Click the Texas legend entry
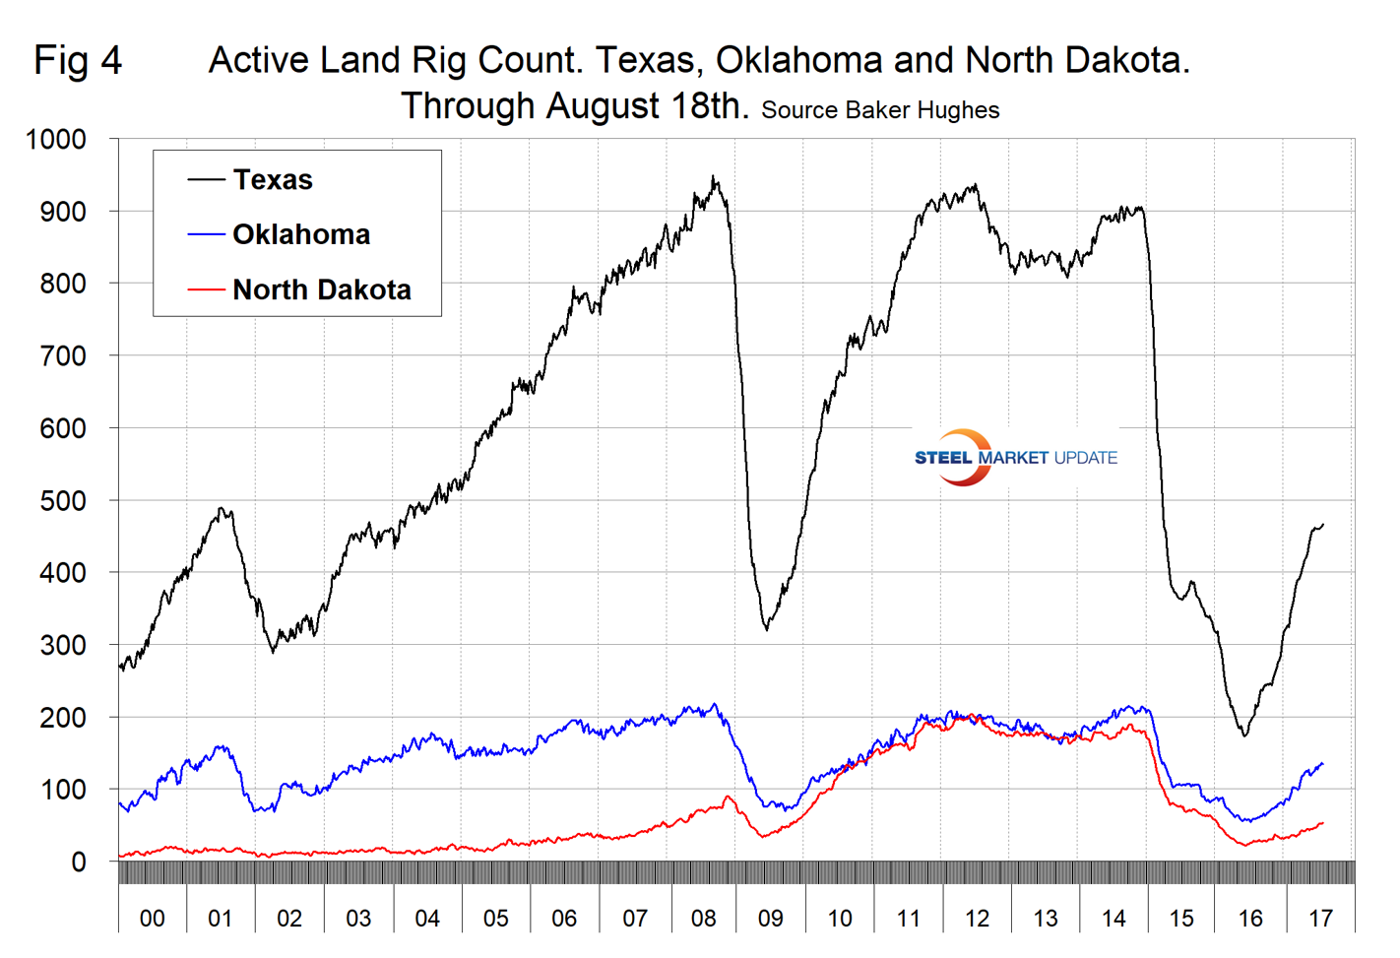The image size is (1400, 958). tap(273, 180)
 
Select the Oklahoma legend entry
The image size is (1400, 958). tap(300, 234)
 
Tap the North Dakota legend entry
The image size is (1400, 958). tap(321, 289)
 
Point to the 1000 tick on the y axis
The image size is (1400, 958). tap(56, 140)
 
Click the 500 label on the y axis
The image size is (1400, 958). tap(62, 500)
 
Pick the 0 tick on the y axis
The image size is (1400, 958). tap(79, 862)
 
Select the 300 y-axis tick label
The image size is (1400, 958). tap(62, 645)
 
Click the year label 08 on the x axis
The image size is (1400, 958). tap(703, 919)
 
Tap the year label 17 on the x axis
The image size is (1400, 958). tap(1320, 919)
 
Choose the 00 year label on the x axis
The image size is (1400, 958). tap(152, 919)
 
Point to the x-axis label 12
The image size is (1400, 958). tap(977, 919)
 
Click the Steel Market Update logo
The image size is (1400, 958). tap(1015, 458)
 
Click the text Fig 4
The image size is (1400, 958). tap(78, 61)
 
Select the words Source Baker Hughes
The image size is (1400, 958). tap(880, 110)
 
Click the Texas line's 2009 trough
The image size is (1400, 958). tap(767, 629)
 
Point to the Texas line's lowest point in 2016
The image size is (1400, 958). tap(1245, 735)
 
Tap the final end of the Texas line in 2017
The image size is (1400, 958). tap(1323, 524)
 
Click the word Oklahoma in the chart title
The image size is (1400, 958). tap(798, 61)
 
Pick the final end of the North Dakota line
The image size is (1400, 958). tap(1323, 823)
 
